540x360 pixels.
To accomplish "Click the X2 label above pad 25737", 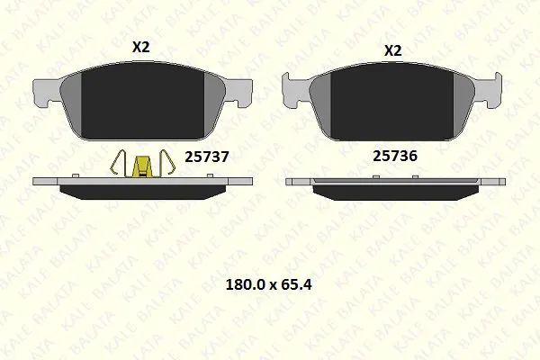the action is tap(141, 47).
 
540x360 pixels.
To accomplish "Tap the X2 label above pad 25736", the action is tap(393, 51).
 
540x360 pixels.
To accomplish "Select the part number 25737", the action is tap(207, 157).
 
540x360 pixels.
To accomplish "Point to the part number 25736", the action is tap(395, 156).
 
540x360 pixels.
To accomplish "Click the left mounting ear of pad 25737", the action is tap(45, 91).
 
